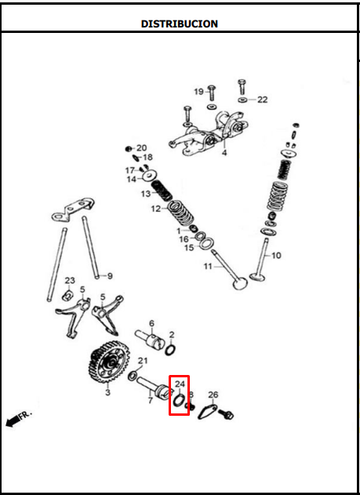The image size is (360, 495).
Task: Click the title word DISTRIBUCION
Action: click(x=179, y=24)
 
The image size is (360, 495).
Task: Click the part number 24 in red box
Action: click(x=180, y=384)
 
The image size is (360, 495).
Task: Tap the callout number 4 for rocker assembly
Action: click(x=224, y=153)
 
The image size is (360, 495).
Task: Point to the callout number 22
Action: click(x=262, y=100)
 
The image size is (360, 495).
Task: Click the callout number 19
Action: click(x=199, y=91)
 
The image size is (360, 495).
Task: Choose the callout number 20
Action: click(x=141, y=147)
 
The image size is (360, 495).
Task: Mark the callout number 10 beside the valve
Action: click(x=277, y=255)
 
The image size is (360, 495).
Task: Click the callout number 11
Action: click(x=208, y=267)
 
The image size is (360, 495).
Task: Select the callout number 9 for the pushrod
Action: click(x=110, y=275)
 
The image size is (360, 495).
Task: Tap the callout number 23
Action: click(x=69, y=281)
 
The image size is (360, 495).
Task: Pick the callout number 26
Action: click(x=213, y=395)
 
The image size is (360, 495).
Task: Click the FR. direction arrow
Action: click(x=18, y=417)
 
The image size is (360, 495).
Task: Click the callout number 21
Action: click(x=142, y=361)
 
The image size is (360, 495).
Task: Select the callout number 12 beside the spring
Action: click(x=156, y=209)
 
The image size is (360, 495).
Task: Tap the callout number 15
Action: click(x=188, y=248)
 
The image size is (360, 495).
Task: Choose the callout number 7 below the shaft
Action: click(x=150, y=400)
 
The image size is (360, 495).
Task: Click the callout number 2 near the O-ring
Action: click(x=172, y=335)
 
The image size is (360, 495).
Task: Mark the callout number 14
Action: click(x=132, y=179)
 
